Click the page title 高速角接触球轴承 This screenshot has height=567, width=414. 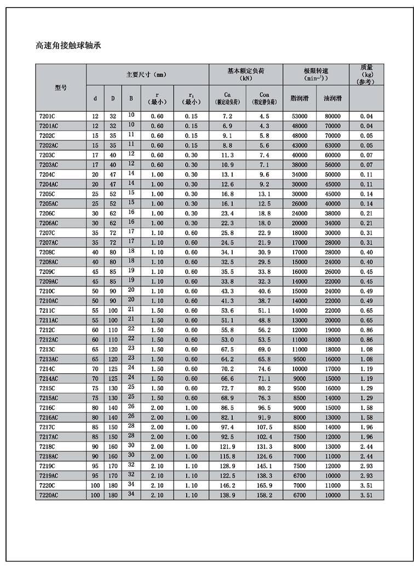68,46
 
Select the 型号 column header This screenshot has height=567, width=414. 61,88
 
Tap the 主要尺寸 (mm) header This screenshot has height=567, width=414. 147,75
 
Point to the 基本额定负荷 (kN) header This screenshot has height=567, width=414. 245,75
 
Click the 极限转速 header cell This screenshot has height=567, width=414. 315,75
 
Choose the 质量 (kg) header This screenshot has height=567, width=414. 366,75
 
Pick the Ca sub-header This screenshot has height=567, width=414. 227,98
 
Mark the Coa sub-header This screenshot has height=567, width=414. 264,98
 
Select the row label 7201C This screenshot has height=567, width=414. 48,116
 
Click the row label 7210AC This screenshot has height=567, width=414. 49,300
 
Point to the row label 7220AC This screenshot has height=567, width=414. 49,495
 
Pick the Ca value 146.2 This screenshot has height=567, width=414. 227,485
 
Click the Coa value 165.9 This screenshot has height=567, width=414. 264,485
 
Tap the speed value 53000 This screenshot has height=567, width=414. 299,116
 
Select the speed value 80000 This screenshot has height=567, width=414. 332,116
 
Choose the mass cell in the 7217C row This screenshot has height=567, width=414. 366,427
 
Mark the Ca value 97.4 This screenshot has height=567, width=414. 227,427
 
